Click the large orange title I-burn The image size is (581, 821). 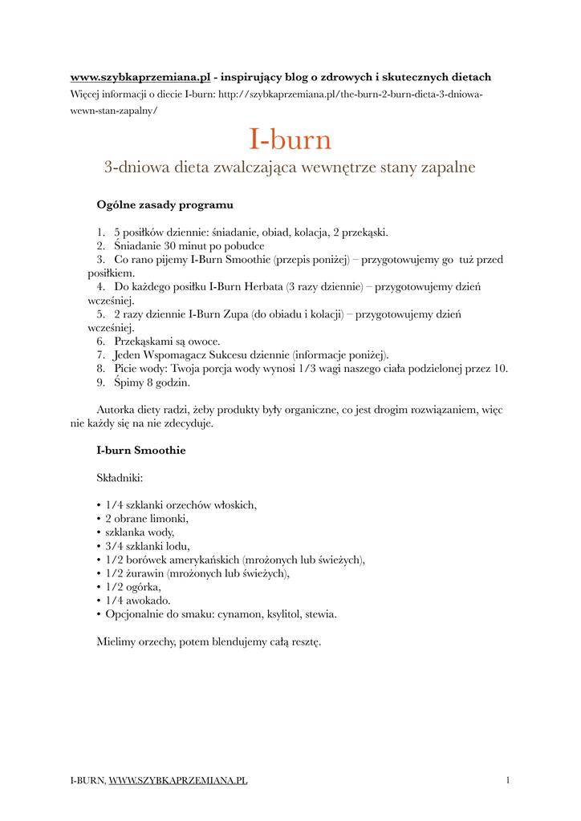point(290,140)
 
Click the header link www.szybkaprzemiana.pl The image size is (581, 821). point(140,77)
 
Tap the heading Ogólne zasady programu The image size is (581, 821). point(165,205)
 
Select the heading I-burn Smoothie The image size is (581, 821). point(140,451)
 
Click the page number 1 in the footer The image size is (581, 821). point(508,780)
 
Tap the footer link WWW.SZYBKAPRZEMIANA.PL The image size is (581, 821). point(177,780)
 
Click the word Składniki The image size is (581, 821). point(120,478)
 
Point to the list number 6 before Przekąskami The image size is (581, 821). point(100,342)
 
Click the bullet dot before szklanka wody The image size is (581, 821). point(98,532)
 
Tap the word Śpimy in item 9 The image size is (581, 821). point(128,382)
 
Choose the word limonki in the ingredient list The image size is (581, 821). point(169,519)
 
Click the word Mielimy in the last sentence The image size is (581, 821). point(117,641)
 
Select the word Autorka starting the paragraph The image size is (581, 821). point(119,410)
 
